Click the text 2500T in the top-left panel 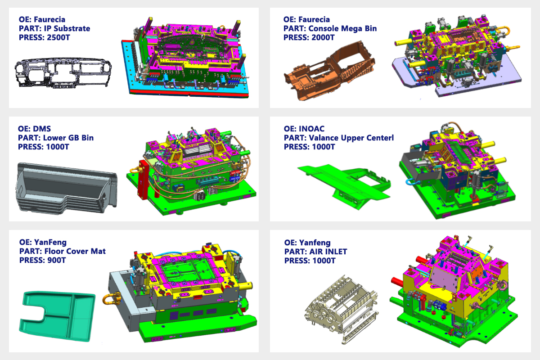[58, 38]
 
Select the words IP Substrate [67, 28]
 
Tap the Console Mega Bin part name [342, 28]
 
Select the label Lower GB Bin [68, 138]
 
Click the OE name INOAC [312, 129]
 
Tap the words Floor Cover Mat [75, 251]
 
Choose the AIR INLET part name [328, 252]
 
